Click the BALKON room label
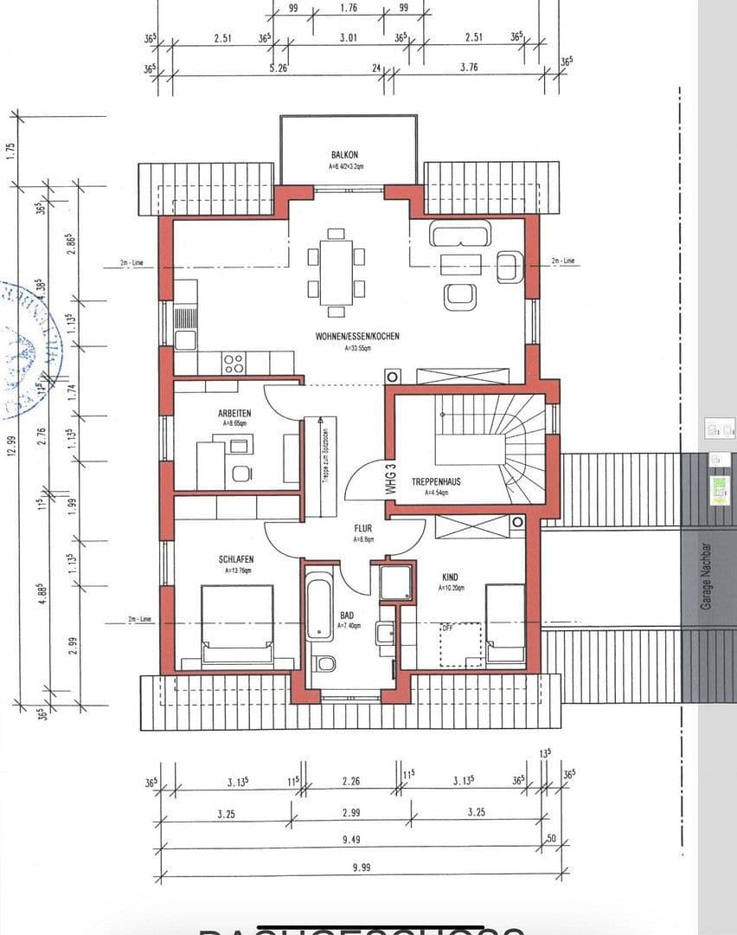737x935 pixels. tap(344, 155)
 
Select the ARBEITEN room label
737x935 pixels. tap(234, 414)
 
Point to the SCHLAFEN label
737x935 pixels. tap(235, 559)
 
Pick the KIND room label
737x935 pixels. tap(450, 577)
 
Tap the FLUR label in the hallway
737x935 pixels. tap(362, 527)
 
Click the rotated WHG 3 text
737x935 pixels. tap(391, 479)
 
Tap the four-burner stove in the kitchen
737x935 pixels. tap(234, 364)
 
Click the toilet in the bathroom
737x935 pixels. tap(326, 664)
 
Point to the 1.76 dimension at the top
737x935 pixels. tap(349, 9)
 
